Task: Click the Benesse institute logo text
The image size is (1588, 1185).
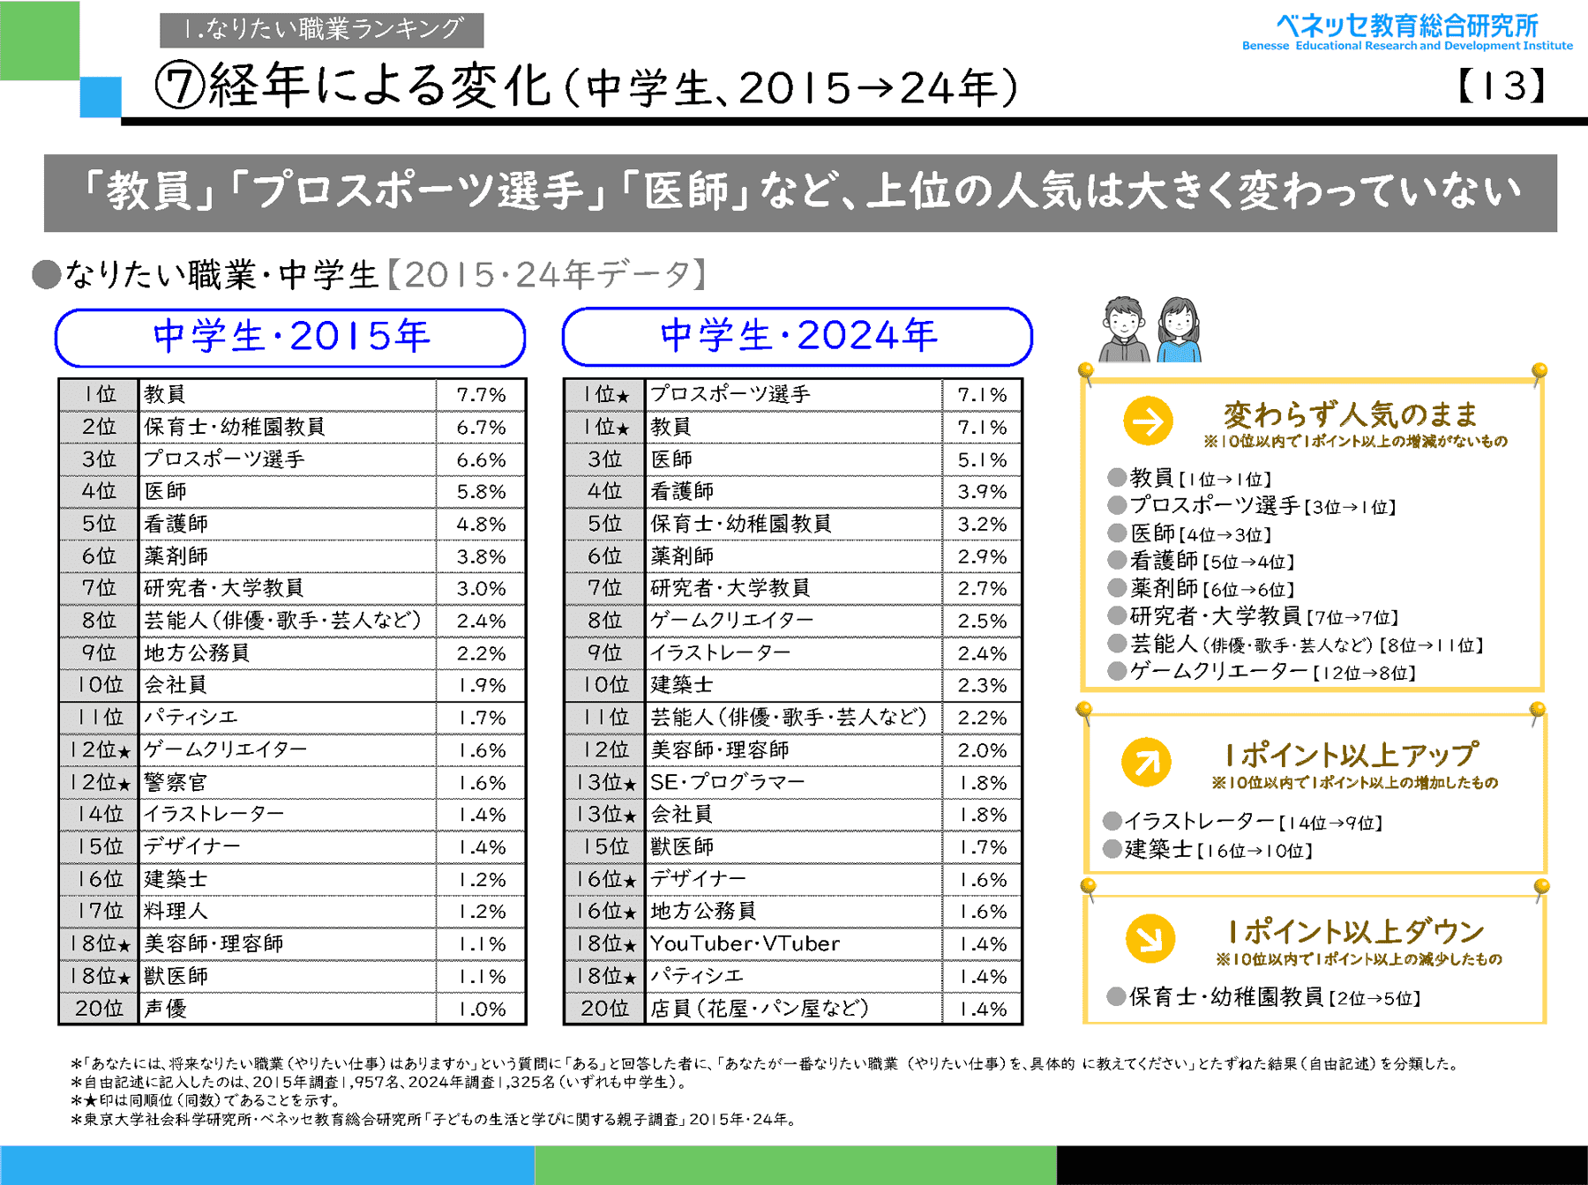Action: click(x=1406, y=32)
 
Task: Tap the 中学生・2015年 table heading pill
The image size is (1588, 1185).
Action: click(x=290, y=337)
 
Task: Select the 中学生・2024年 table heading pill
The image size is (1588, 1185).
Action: click(x=798, y=336)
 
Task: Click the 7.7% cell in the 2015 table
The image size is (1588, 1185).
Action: click(x=481, y=395)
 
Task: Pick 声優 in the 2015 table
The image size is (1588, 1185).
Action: click(x=166, y=1009)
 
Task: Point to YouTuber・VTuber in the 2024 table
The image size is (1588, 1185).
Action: click(x=745, y=943)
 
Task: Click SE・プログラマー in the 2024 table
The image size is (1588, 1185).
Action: click(x=727, y=782)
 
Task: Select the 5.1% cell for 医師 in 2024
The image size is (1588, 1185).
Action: click(x=982, y=459)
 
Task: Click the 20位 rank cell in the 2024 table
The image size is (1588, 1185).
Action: click(x=604, y=1009)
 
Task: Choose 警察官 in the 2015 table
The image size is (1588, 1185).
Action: click(x=176, y=782)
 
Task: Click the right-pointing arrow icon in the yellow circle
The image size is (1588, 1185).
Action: click(x=1148, y=421)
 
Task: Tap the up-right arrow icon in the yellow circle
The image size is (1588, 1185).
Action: click(x=1146, y=762)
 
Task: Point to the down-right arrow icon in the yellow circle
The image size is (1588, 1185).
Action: click(x=1150, y=938)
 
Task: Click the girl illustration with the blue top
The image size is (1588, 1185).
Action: click(x=1180, y=330)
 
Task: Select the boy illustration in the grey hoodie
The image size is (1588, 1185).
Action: click(x=1124, y=330)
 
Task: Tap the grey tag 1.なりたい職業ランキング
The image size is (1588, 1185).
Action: click(x=321, y=30)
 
